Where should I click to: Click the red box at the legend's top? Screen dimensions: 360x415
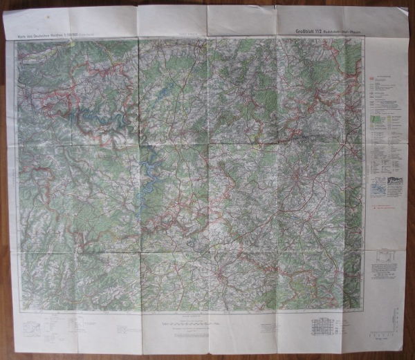pos(375,77)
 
